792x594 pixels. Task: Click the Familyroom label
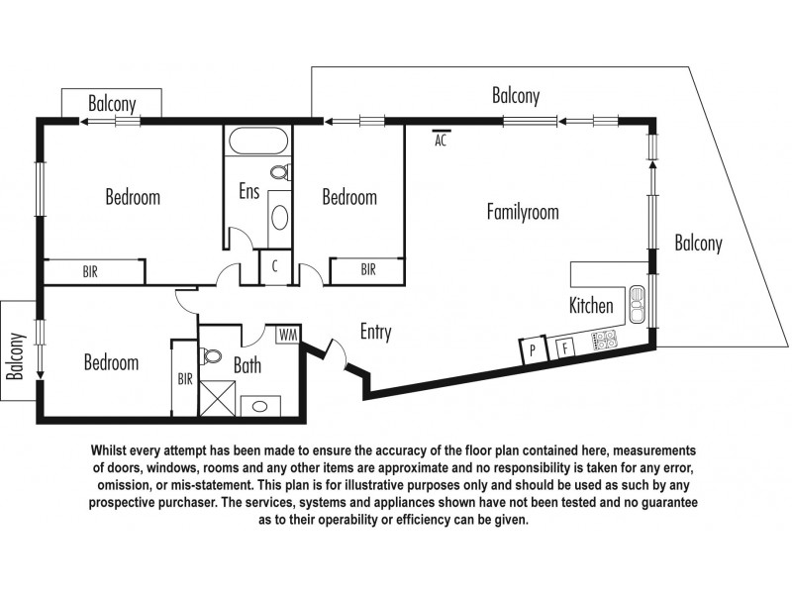(523, 212)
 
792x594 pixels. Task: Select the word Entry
(375, 333)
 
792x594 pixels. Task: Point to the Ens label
(248, 191)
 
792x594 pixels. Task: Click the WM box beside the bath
(287, 334)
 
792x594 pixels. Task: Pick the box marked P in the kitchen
(533, 349)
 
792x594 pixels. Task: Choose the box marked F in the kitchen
(564, 346)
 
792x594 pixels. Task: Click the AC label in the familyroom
(442, 139)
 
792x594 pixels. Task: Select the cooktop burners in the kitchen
(602, 341)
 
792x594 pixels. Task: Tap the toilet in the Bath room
(210, 356)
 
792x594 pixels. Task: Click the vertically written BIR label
(185, 377)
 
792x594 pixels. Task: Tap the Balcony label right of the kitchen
(698, 243)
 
